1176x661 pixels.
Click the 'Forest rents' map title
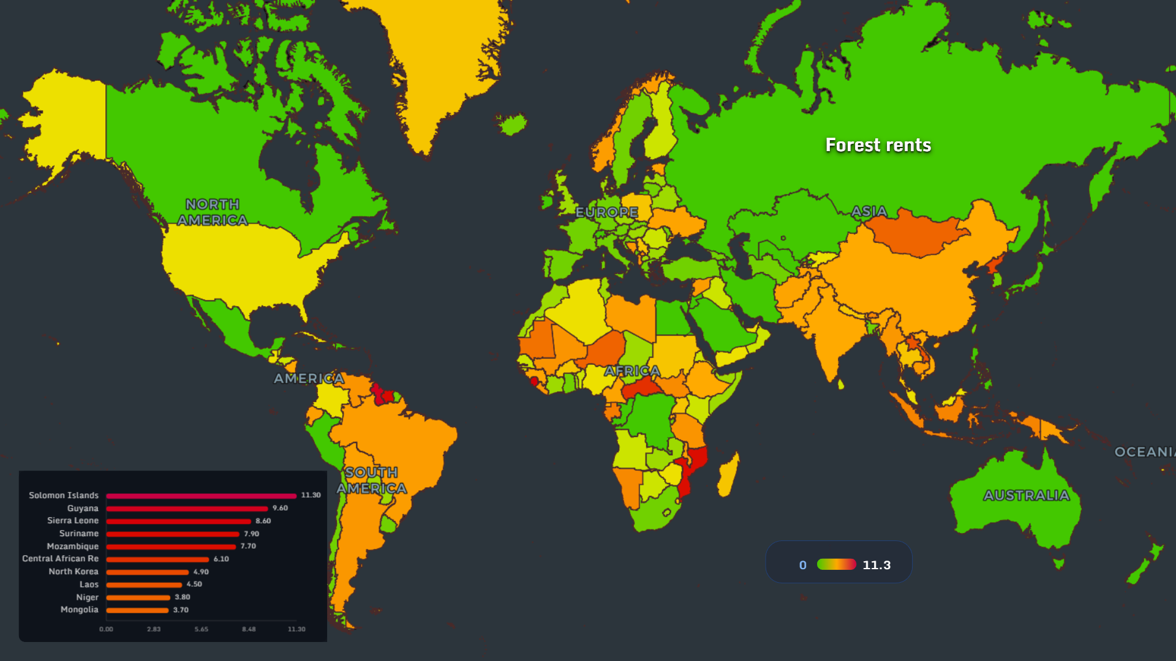[878, 145]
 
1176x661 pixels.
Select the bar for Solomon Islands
[201, 496]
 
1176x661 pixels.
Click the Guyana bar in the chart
[187, 509]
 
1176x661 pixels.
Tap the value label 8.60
[263, 521]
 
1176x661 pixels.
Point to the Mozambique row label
[72, 546]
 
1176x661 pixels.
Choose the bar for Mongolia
[137, 610]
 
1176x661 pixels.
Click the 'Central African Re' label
[60, 559]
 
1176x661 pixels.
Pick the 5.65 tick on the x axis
[201, 629]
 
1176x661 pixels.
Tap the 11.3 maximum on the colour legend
[876, 565]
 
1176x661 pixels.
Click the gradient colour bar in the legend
[836, 564]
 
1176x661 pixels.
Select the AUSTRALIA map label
[1026, 495]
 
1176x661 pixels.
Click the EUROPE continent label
[606, 212]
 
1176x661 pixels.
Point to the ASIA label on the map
[869, 211]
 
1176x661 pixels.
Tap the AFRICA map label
[632, 371]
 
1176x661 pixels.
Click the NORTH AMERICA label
[213, 212]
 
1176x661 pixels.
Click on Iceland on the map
[512, 124]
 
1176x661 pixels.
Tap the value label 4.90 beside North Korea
[201, 572]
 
